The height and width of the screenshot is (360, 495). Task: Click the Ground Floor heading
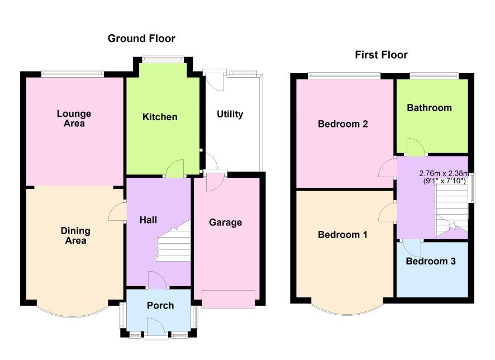pyautogui.click(x=141, y=39)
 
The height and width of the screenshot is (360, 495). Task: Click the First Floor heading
pyautogui.click(x=381, y=55)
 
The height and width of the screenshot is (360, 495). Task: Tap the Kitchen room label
pyautogui.click(x=160, y=117)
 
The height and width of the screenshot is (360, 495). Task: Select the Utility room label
pyautogui.click(x=230, y=114)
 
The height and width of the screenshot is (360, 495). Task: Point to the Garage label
pyautogui.click(x=225, y=222)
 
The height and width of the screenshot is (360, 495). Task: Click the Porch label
pyautogui.click(x=160, y=305)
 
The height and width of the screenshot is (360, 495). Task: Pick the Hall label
pyautogui.click(x=149, y=220)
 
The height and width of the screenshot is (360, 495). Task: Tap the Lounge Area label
pyautogui.click(x=74, y=119)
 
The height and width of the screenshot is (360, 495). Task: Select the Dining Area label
pyautogui.click(x=75, y=235)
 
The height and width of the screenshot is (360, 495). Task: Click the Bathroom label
pyautogui.click(x=429, y=108)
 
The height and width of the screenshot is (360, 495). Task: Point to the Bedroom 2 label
pyautogui.click(x=343, y=124)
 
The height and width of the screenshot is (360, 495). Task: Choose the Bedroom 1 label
pyautogui.click(x=342, y=235)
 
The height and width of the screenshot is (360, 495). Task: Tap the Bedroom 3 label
pyautogui.click(x=431, y=261)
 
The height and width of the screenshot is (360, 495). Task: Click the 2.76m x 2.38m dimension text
pyautogui.click(x=444, y=173)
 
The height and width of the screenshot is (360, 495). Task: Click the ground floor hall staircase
pyautogui.click(x=174, y=240)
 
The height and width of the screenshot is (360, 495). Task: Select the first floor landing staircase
pyautogui.click(x=452, y=210)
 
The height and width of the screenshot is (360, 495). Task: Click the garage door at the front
pyautogui.click(x=229, y=299)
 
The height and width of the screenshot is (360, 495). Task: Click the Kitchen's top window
pyautogui.click(x=163, y=59)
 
